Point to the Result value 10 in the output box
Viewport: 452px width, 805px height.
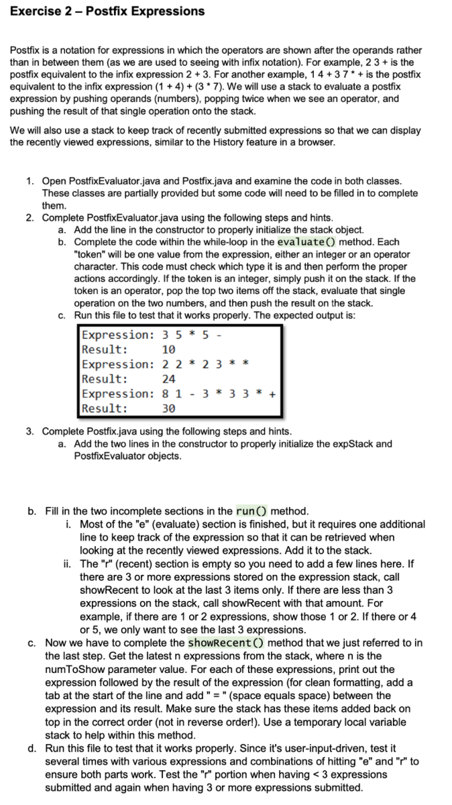point(169,350)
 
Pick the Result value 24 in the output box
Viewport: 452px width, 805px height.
point(169,379)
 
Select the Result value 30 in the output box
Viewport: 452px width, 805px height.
point(169,409)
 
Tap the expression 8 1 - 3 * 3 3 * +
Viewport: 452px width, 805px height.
point(220,394)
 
